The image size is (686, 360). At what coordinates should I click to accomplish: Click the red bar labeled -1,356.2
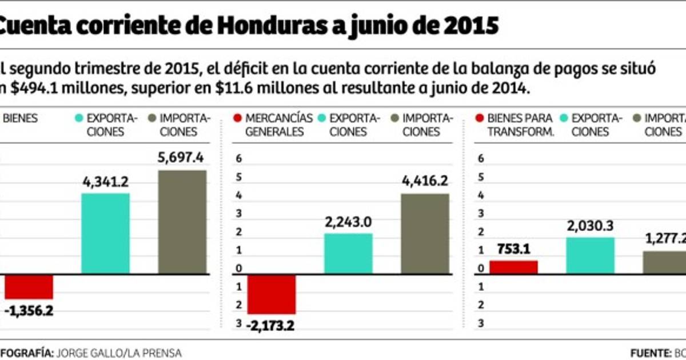click(x=29, y=287)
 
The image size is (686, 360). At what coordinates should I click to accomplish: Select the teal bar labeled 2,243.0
click(x=348, y=254)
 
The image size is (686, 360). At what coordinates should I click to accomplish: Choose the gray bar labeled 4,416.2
click(x=425, y=234)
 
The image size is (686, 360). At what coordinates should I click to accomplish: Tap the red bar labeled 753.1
click(x=514, y=267)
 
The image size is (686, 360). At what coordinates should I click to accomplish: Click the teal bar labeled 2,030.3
click(x=591, y=255)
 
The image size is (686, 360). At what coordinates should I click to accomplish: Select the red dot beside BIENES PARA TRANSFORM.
click(x=478, y=118)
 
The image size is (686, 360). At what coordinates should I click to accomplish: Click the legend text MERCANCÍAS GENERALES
click(x=278, y=125)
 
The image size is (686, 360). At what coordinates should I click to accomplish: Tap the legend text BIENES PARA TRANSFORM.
click(x=520, y=125)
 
